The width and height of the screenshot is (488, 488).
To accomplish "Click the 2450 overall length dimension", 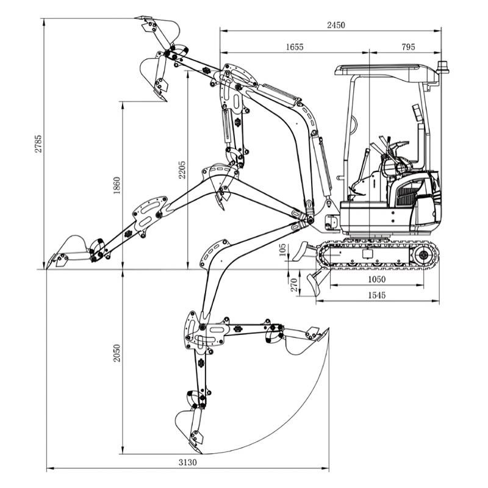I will click(335, 25).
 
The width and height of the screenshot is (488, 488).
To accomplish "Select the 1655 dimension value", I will click(294, 47).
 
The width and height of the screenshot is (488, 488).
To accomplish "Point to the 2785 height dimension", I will click(38, 144).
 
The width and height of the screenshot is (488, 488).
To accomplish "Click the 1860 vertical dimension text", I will click(117, 185).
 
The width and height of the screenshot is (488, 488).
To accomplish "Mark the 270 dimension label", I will click(294, 285).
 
